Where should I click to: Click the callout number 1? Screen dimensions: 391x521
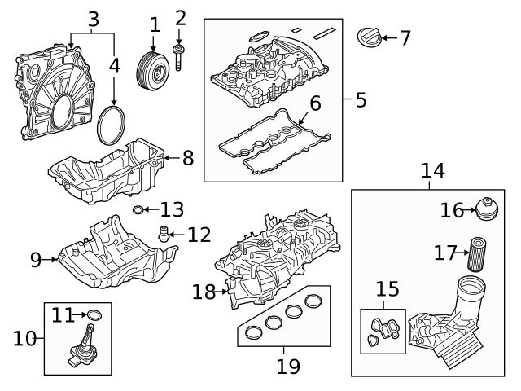click(155, 24)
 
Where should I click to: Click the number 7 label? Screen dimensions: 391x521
click(404, 37)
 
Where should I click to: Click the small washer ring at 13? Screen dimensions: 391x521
click(140, 211)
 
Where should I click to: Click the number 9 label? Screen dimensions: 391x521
click(36, 260)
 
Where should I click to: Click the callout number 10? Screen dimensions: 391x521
click(24, 337)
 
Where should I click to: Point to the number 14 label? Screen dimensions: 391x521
click(433, 171)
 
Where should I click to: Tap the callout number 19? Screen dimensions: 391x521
click(288, 366)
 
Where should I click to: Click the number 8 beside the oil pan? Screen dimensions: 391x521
click(187, 157)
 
